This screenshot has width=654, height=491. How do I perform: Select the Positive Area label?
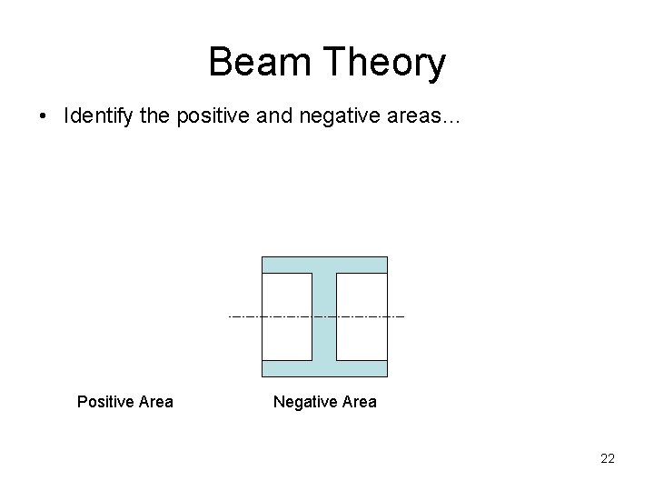[124, 401]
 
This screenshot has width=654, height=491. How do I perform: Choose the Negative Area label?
[324, 401]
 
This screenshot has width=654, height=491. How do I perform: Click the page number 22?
[607, 458]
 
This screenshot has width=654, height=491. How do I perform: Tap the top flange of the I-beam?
[324, 265]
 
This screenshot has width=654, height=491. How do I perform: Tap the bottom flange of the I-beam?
[324, 368]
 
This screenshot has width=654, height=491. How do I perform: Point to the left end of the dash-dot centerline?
[230, 316]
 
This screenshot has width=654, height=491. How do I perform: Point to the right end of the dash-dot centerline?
[402, 316]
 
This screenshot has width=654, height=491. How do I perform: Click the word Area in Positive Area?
[154, 401]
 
